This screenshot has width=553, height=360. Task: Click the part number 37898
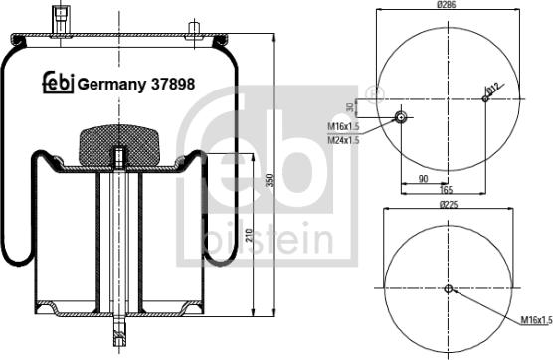click(172, 85)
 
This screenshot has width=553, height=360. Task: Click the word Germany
click(111, 85)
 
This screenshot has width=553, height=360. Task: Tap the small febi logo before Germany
click(57, 85)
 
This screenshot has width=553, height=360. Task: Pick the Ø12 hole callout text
click(491, 90)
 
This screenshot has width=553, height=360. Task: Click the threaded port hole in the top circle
click(400, 117)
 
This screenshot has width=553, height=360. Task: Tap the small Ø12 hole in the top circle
click(485, 98)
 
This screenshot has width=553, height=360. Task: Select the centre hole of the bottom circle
click(449, 289)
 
